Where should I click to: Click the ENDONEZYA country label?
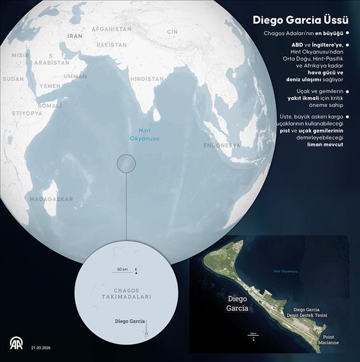coord(222,145)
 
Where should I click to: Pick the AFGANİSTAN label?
coord(112,29)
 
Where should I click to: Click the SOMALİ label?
coord(49,105)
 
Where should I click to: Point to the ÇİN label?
coord(171,31)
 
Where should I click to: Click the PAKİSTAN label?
coord(112,45)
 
